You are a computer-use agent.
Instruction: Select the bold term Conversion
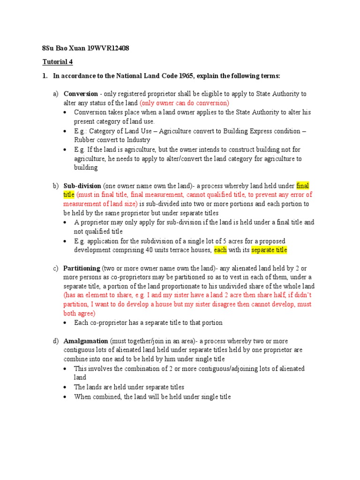pyautogui.click(x=81, y=94)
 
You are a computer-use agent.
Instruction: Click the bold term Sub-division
pyautogui.click(x=82, y=186)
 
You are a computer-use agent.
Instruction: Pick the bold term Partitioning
pyautogui.click(x=82, y=269)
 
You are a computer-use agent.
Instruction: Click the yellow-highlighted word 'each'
pyautogui.click(x=220, y=250)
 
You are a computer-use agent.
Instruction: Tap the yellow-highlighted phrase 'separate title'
pyautogui.click(x=269, y=250)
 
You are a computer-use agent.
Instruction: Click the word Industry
pyautogui.click(x=138, y=140)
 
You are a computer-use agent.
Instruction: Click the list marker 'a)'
pyautogui.click(x=55, y=94)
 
